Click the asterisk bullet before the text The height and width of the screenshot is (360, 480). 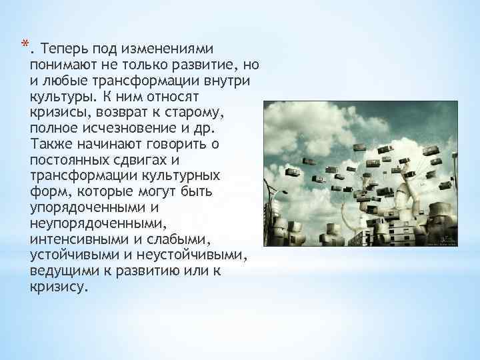23,45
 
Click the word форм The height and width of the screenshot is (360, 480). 47,193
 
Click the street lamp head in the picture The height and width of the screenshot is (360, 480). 285,192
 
